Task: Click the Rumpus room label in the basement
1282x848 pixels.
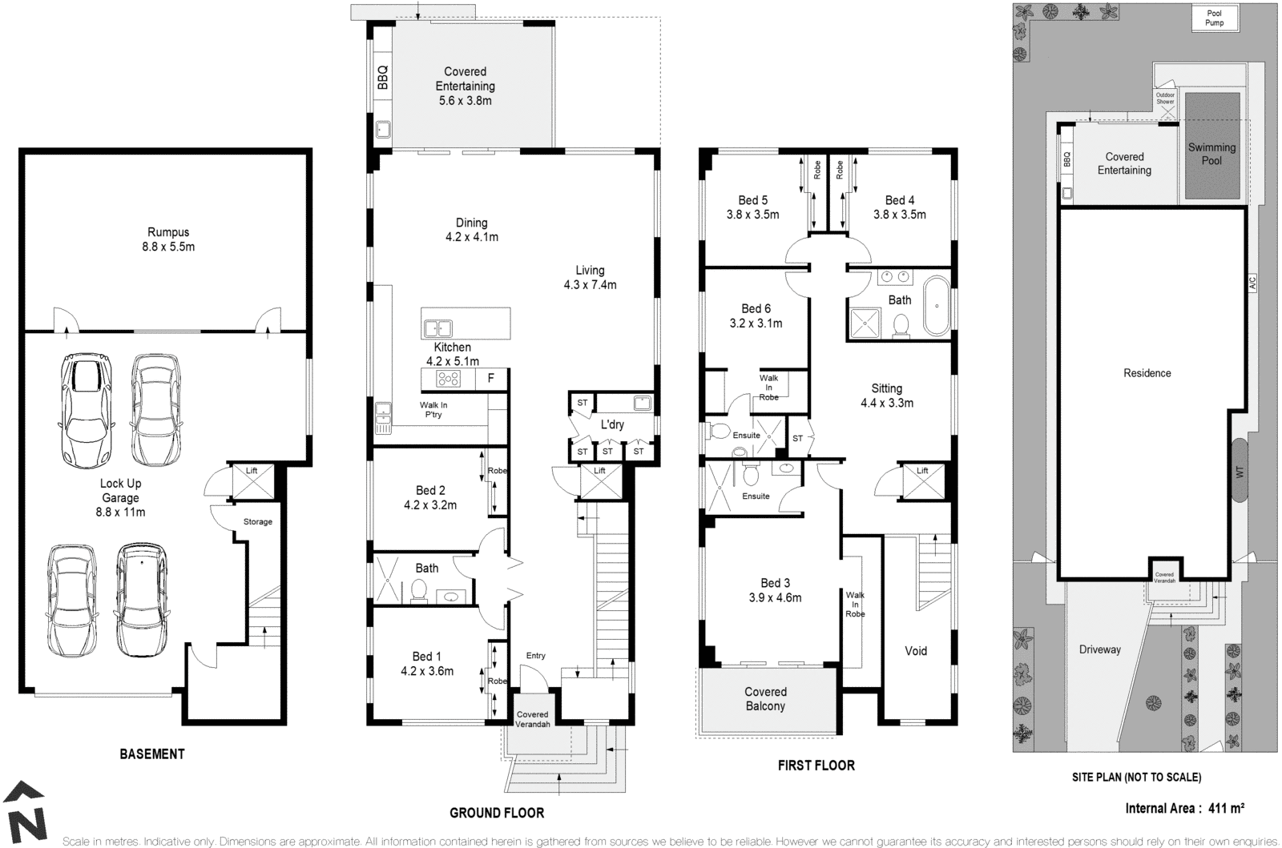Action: (168, 239)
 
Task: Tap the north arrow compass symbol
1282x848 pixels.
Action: (26, 812)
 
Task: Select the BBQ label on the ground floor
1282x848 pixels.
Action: (383, 78)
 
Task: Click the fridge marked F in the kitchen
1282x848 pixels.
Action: (490, 380)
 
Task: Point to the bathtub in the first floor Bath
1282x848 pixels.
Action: (936, 307)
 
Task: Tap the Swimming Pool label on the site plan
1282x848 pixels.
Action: (1211, 154)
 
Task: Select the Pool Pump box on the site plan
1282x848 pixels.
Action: (1215, 18)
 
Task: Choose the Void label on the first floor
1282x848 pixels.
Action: (916, 651)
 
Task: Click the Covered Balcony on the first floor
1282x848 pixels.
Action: (765, 699)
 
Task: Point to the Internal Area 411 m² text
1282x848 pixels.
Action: (1184, 808)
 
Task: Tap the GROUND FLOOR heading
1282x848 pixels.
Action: (497, 813)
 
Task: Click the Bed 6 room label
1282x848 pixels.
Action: (756, 315)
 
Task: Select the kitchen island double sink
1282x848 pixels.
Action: (438, 328)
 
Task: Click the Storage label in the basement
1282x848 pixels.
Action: (258, 521)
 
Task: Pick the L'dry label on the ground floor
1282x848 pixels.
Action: (612, 424)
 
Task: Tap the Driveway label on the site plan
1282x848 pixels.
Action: (1099, 649)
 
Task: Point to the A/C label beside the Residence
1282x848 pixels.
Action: (1253, 283)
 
